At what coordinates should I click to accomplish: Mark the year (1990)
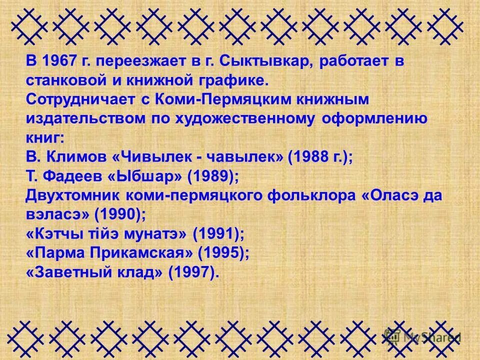click(x=120, y=214)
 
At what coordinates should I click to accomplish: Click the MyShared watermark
click(x=425, y=336)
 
